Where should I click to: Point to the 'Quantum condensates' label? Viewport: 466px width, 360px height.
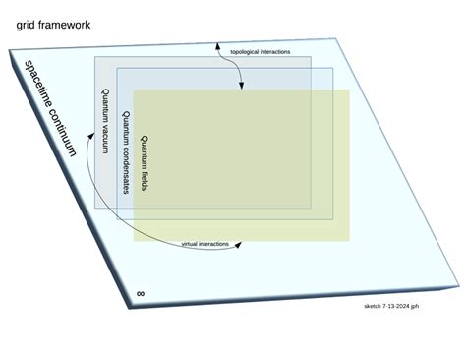pos(125,151)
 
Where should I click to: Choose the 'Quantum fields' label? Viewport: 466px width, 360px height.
pos(145,162)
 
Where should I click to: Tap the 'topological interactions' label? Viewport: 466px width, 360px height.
pos(260,51)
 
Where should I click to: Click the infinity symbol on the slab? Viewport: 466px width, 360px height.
pos(141,293)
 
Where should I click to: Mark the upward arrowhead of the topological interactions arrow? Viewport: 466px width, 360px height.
pos(216,44)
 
